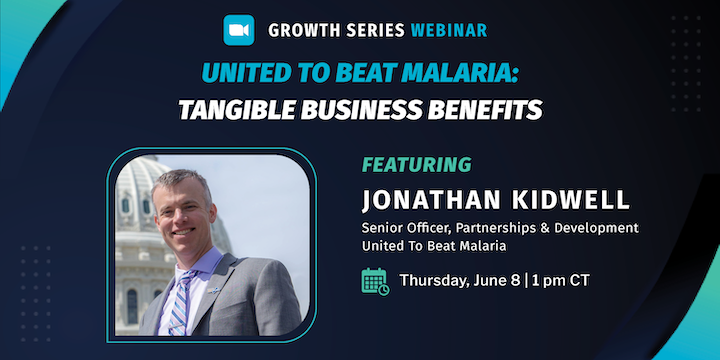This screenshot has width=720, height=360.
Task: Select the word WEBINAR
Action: [x=448, y=31]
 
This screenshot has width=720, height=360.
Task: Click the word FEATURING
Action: [x=416, y=164]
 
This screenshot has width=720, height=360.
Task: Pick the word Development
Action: [x=595, y=228]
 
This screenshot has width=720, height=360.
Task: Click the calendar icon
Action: [x=375, y=281]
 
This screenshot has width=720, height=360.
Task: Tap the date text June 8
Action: [x=494, y=280]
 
